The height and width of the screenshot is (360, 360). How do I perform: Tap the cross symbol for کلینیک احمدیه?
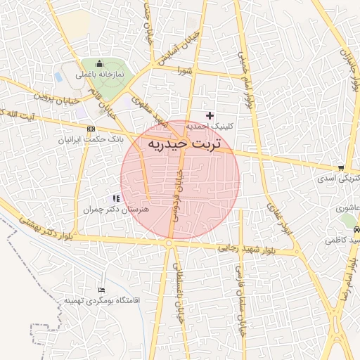pos(209,115)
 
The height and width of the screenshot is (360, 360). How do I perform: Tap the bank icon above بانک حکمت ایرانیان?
pos(91,129)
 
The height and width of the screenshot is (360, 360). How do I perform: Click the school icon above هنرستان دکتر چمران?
pos(116,199)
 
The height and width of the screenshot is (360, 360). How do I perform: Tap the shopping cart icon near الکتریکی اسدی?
pos(341,168)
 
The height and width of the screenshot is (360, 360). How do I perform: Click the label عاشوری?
pos(348,208)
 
